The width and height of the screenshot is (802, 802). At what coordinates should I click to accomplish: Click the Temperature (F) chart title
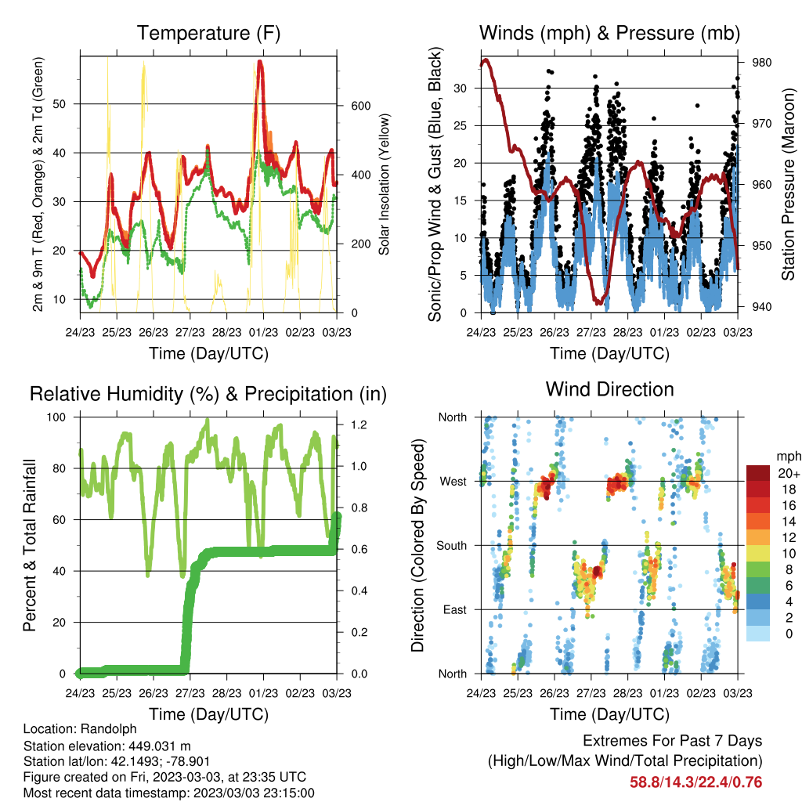(x=208, y=33)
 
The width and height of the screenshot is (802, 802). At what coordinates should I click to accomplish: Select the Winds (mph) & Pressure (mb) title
(x=609, y=33)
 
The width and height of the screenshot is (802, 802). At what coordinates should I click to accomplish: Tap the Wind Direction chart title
(x=609, y=389)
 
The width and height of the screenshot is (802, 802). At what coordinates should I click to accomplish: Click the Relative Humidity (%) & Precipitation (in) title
(x=208, y=395)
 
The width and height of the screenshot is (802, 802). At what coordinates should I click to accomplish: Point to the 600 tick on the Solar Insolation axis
(x=360, y=106)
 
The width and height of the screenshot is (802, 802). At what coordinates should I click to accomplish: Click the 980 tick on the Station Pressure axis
(x=761, y=63)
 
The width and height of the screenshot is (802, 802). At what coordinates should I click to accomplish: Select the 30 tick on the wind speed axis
(x=461, y=88)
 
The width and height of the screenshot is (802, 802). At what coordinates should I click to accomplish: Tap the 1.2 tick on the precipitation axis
(x=359, y=424)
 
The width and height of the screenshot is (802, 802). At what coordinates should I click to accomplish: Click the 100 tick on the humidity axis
(x=56, y=417)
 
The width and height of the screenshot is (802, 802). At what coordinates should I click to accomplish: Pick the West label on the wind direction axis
(x=453, y=482)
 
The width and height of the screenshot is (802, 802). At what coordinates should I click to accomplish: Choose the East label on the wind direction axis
(x=455, y=609)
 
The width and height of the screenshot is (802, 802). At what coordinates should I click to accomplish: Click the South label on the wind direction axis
(x=452, y=546)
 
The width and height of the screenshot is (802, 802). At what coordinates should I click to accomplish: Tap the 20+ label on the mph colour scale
(x=789, y=474)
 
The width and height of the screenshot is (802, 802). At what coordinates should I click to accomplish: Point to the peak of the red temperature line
(x=260, y=61)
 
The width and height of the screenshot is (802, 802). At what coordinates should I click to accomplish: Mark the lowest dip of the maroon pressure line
(x=598, y=303)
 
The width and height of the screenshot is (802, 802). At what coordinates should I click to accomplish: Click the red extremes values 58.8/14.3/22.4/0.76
(x=695, y=782)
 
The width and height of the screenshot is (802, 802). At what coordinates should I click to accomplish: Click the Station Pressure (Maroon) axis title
(x=788, y=184)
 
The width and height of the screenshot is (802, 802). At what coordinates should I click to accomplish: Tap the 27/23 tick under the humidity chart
(x=190, y=693)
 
